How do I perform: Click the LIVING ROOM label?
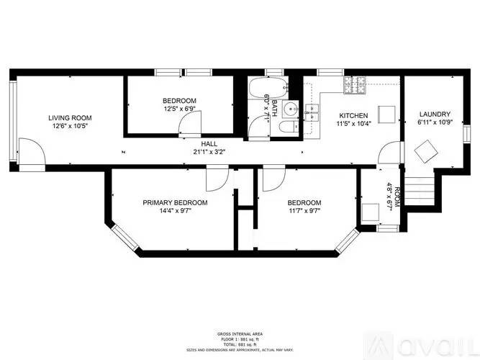[70, 117]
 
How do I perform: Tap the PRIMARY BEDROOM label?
[175, 202]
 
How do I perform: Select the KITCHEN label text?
[353, 115]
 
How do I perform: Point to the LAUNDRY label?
[435, 114]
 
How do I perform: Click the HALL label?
[209, 144]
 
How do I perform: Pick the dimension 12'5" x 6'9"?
[179, 109]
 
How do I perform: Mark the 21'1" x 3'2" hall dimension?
[209, 152]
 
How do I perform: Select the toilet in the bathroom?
[288, 129]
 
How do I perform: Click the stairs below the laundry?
[420, 189]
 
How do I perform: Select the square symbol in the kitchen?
[386, 114]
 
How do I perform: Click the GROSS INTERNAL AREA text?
[240, 333]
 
